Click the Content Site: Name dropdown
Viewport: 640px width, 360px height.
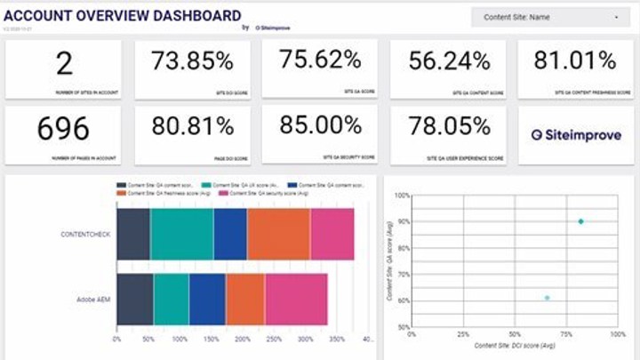coord(551,17)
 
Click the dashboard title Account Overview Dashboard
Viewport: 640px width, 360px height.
coord(123,15)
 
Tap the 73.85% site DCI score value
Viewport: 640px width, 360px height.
coord(192,61)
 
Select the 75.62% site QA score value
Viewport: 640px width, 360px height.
coord(320,60)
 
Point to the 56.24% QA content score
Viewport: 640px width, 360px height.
coord(448,61)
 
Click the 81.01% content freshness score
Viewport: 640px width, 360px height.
coord(574,60)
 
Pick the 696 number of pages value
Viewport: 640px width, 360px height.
coord(63,129)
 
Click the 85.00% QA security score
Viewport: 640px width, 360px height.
coord(320,126)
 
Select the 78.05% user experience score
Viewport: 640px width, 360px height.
coord(448,127)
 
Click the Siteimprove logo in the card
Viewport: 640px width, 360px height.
coord(576,135)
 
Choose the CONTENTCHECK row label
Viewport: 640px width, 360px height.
coord(85,235)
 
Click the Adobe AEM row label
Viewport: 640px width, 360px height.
coord(93,300)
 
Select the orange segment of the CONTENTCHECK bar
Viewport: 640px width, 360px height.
coord(278,235)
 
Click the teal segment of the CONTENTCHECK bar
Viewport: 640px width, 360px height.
coord(181,235)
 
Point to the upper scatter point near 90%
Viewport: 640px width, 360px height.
coord(580,221)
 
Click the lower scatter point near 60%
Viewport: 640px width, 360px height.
coord(547,298)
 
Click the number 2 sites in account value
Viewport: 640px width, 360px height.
coord(63,63)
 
